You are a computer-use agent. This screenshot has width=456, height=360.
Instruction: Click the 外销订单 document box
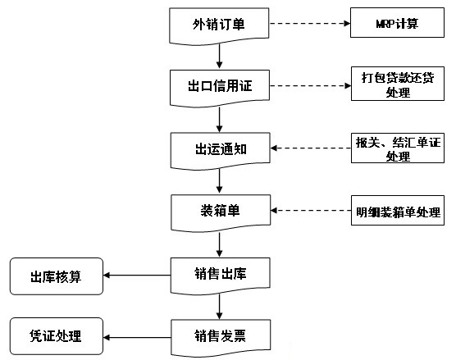pyautogui.click(x=219, y=25)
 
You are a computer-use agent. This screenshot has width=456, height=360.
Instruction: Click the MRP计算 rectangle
pyautogui.click(x=397, y=23)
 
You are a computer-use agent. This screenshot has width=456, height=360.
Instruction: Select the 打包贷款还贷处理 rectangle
pyautogui.click(x=398, y=84)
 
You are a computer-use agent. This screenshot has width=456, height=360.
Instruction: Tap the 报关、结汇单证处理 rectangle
pyautogui.click(x=398, y=148)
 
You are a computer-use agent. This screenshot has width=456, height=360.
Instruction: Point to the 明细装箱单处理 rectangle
pyautogui.click(x=398, y=210)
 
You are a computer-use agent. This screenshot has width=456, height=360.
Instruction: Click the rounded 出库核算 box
pyautogui.click(x=57, y=276)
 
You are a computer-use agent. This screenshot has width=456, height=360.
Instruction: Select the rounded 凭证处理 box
pyautogui.click(x=57, y=336)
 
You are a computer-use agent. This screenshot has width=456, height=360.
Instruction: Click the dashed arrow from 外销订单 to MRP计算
pyautogui.click(x=310, y=23)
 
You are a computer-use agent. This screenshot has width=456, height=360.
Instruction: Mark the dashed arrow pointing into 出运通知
pyautogui.click(x=311, y=148)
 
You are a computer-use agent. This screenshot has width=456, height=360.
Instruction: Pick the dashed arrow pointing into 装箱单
pyautogui.click(x=311, y=210)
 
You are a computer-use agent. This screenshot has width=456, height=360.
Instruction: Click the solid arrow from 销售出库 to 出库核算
pyautogui.click(x=137, y=275)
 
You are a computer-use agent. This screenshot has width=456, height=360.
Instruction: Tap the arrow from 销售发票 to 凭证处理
pyautogui.click(x=137, y=337)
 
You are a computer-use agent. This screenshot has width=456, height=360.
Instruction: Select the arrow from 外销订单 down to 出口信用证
pyautogui.click(x=220, y=56)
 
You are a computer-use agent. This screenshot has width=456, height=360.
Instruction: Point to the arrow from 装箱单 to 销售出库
pyautogui.click(x=220, y=244)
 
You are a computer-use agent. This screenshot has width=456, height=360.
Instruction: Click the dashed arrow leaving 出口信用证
pyautogui.click(x=310, y=86)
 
